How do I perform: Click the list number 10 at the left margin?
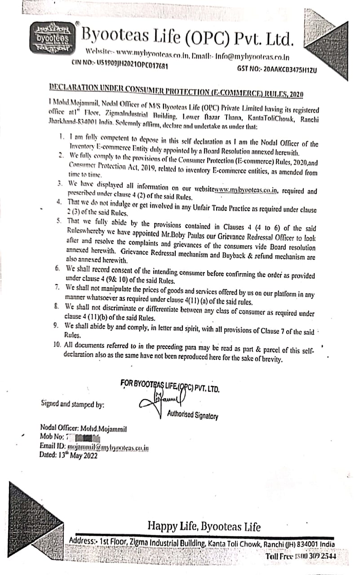point(58,345)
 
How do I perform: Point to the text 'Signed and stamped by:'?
point(73,404)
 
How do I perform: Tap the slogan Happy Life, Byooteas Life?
point(204,527)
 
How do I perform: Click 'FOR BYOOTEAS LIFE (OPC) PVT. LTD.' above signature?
point(170,385)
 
